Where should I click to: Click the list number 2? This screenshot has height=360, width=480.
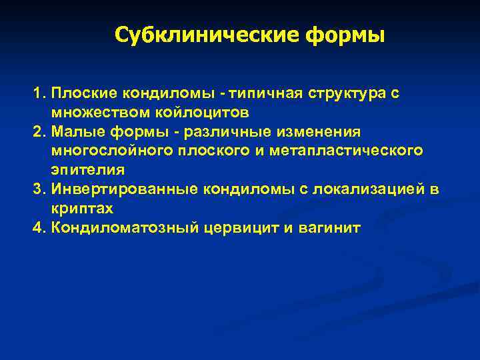point(39,132)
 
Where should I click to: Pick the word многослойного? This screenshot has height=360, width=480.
point(107,151)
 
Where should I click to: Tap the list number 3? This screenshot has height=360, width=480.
point(39,189)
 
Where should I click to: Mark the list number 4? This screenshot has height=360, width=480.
point(39,227)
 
